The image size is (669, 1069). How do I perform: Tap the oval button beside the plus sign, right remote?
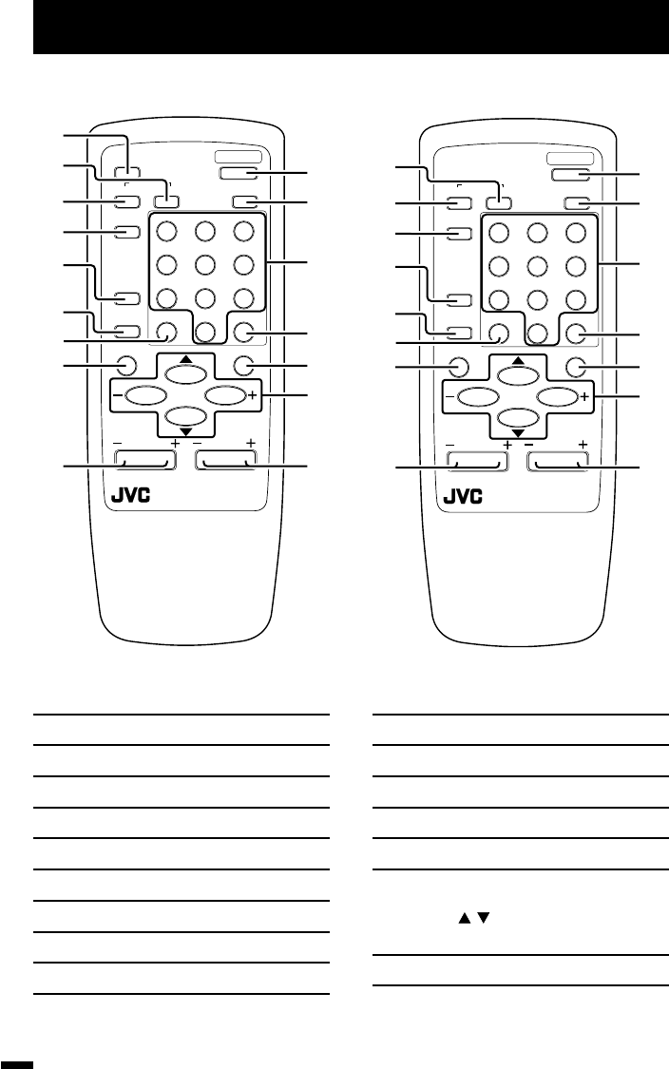558,394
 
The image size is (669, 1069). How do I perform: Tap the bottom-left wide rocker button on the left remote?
145,461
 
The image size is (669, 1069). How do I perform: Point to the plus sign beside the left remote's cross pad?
252,394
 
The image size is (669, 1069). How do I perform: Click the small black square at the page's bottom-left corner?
18,1062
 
